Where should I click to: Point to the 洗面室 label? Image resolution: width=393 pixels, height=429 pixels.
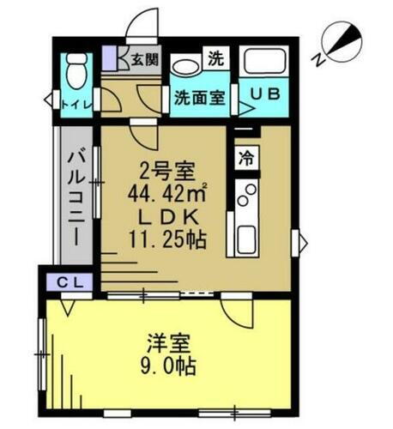[x=200, y=97]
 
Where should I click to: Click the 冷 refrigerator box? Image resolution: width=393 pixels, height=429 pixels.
[x=246, y=158]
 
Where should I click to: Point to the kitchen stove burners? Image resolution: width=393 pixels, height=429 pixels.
[x=247, y=197]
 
